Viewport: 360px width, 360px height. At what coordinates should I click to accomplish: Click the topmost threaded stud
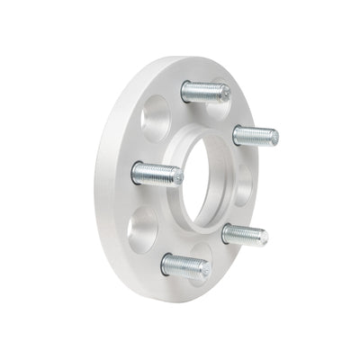(x=205, y=91)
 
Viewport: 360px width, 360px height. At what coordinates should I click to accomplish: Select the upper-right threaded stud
(x=256, y=136)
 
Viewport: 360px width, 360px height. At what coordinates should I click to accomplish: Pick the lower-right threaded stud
(x=245, y=236)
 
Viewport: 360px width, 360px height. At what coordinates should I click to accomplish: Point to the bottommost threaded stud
(x=184, y=263)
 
